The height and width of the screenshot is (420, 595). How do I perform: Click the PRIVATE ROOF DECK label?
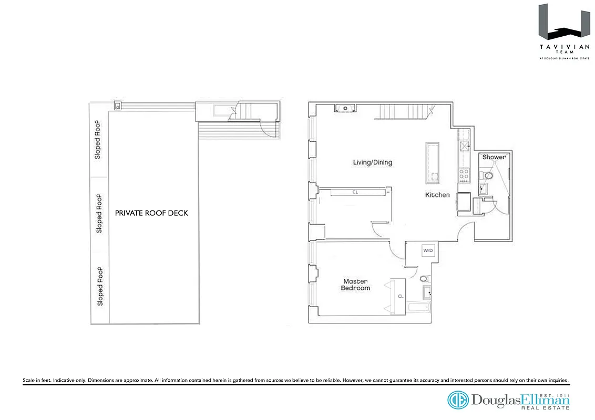pos(151,213)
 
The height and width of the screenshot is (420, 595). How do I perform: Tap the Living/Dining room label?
pos(372,162)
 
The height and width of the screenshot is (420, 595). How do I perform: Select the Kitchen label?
pos(437,195)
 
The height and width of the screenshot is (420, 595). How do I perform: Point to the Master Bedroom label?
pos(355,285)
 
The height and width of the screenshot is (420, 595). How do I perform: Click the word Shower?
pos(494,157)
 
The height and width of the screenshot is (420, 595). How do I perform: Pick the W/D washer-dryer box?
pos(428,251)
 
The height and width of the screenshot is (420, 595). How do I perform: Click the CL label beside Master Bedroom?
pos(401,296)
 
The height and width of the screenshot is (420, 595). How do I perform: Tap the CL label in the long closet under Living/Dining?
pos(355,192)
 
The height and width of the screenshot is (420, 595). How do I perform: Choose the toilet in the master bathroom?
pos(424,278)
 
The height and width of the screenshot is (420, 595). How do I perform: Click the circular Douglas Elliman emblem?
pos(458,400)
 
